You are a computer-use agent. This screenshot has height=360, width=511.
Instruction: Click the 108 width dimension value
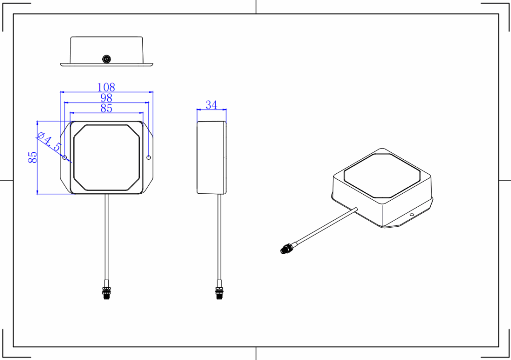coord(106,87)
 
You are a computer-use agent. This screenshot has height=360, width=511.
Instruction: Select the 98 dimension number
coord(106,98)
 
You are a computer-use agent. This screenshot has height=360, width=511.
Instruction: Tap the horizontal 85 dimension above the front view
coord(106,108)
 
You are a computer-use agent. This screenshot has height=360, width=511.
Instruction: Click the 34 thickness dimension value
coord(212,105)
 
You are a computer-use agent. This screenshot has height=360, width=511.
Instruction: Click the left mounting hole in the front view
coord(65,157)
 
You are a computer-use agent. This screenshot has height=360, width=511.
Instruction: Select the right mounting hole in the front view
coord(149,157)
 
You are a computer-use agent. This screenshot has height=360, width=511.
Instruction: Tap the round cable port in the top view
coord(106,59)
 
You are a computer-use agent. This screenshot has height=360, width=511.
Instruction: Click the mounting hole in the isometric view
coord(412,215)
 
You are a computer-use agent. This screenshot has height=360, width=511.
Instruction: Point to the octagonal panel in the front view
coord(106,157)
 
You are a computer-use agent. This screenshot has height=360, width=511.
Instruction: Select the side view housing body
coord(212,157)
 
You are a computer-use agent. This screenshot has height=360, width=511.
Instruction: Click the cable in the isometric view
coord(324,227)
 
